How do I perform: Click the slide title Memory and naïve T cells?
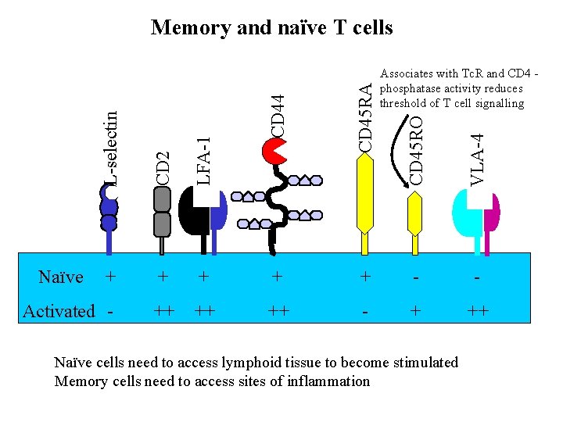tap(271, 28)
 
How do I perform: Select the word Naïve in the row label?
tap(60, 277)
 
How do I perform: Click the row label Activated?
tap(59, 311)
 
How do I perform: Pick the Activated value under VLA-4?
tap(478, 311)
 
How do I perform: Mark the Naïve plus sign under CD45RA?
tap(364, 277)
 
